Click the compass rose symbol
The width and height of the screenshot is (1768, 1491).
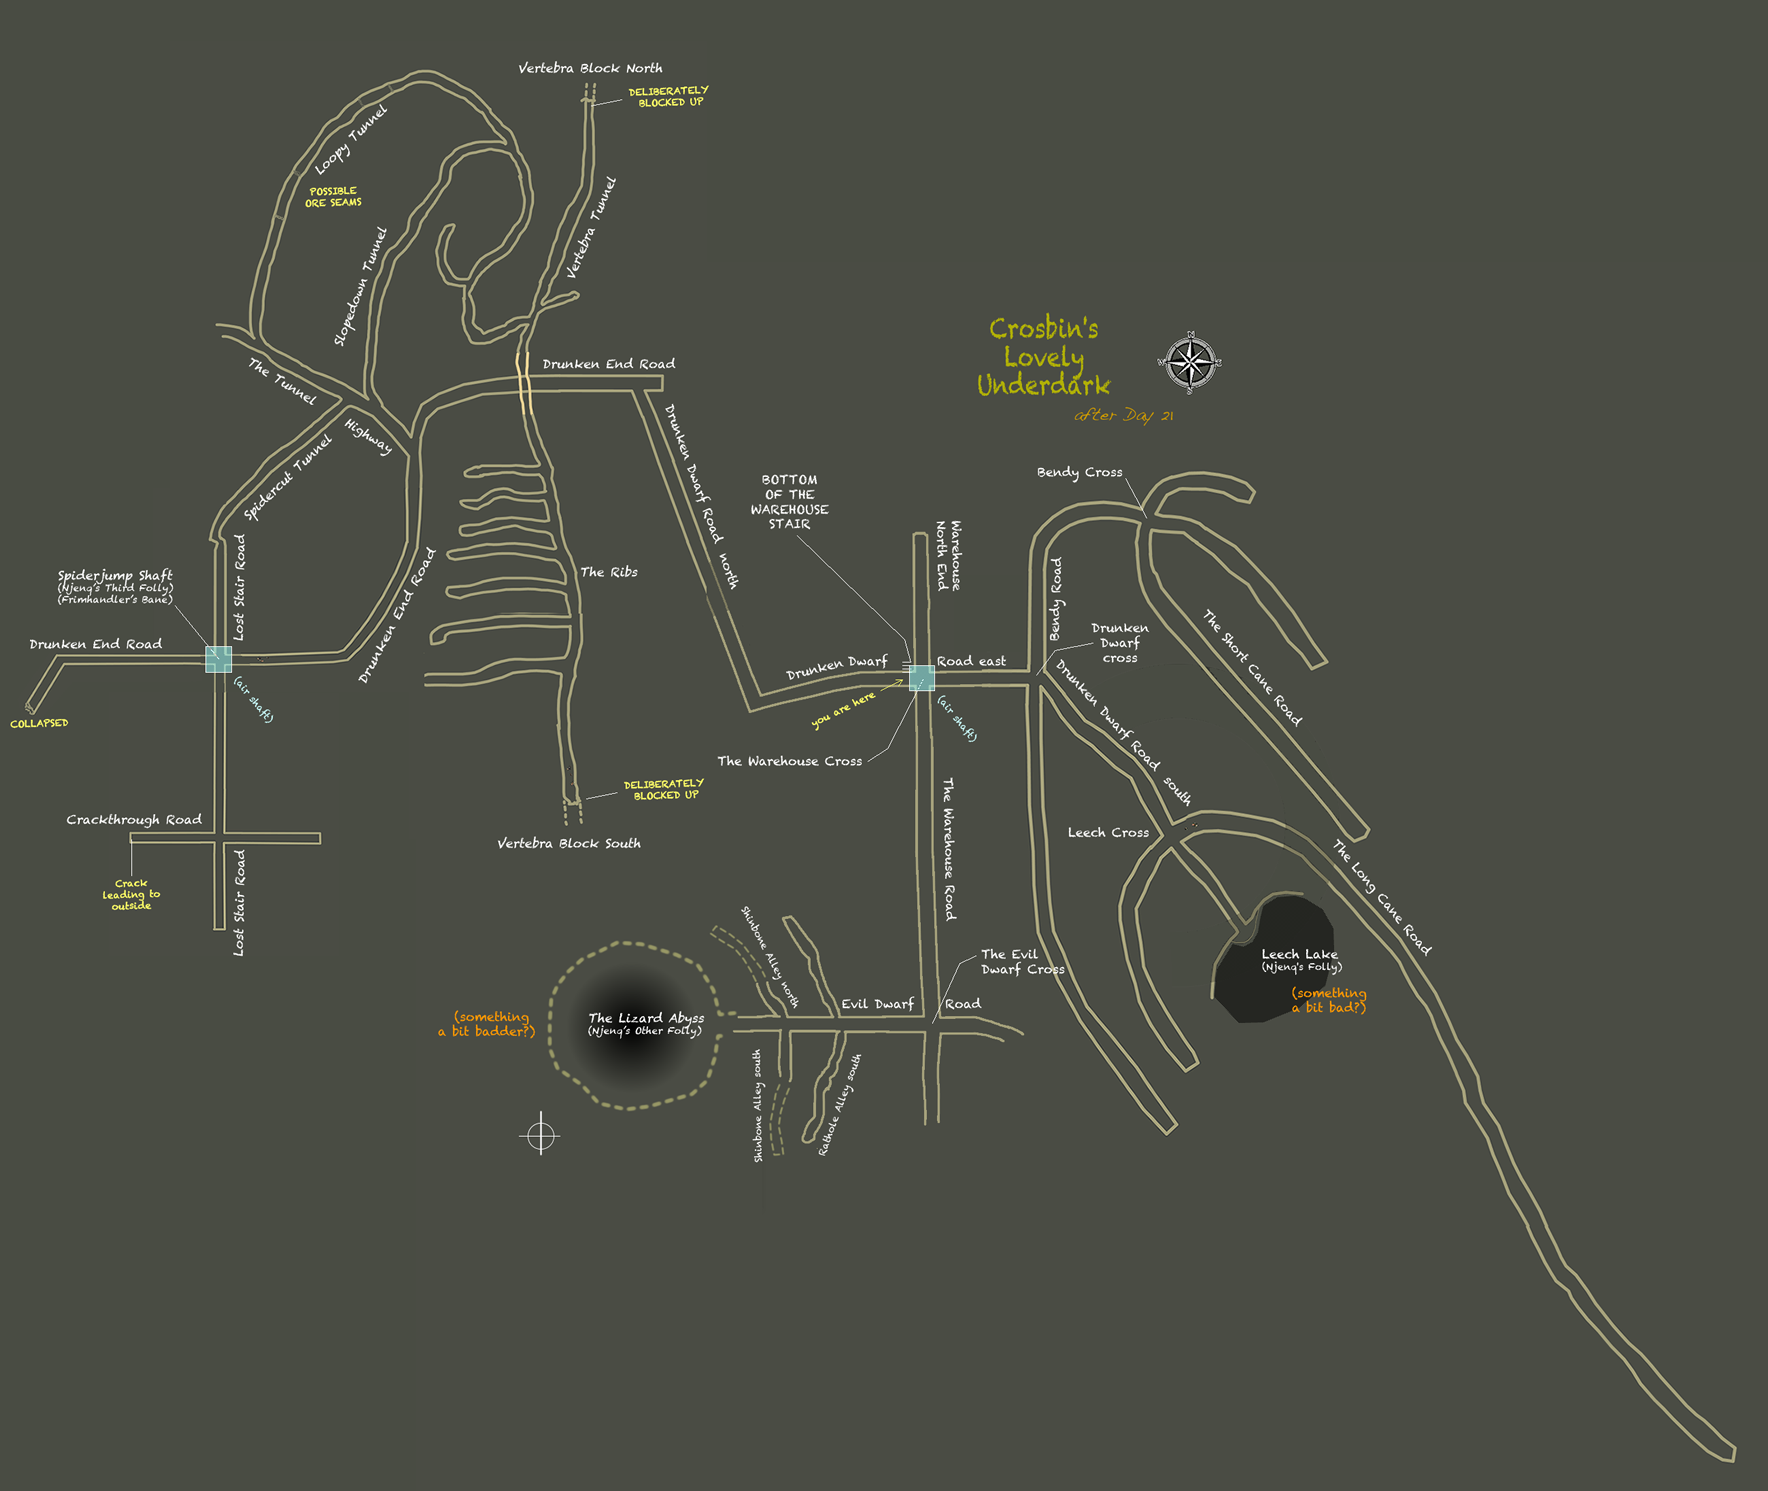click(1190, 361)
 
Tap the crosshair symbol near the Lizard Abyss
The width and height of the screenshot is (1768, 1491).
click(540, 1135)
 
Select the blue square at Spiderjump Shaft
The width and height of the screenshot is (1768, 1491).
click(218, 659)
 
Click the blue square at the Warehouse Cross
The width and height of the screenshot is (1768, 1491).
click(921, 678)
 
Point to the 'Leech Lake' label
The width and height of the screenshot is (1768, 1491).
click(1299, 954)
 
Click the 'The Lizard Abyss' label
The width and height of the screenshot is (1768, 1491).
click(646, 1018)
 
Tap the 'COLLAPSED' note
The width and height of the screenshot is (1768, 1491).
click(39, 723)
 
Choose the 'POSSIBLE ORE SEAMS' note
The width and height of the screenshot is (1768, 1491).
click(333, 197)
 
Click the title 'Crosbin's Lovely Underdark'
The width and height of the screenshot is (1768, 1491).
click(1043, 357)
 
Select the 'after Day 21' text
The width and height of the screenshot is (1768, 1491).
click(1123, 415)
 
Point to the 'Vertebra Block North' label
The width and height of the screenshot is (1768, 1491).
click(590, 68)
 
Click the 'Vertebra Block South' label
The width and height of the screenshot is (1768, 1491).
click(569, 843)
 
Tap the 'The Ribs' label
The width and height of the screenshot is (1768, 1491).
click(609, 572)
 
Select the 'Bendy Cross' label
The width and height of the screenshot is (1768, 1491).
click(1079, 472)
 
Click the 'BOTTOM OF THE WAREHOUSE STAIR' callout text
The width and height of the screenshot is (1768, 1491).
click(789, 502)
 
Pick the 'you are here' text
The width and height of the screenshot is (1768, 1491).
click(842, 709)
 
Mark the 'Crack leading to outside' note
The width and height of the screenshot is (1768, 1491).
click(131, 894)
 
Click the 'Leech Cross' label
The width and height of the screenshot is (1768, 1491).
click(1108, 832)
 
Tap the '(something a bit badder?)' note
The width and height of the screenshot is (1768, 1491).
click(488, 1024)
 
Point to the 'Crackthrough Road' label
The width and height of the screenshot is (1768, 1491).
click(134, 819)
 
